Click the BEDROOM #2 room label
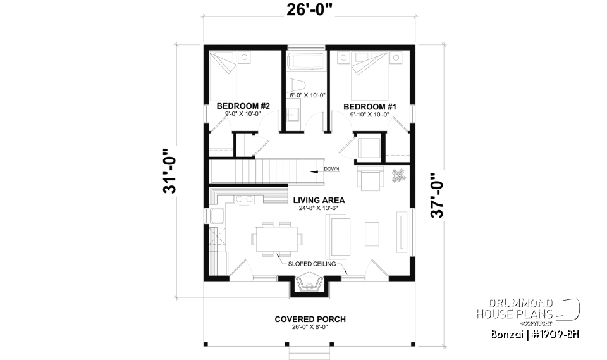pyautogui.click(x=243, y=106)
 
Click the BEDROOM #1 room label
pyautogui.click(x=370, y=107)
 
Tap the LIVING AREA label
pyautogui.click(x=310, y=199)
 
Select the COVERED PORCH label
pyautogui.click(x=310, y=319)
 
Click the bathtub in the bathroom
pyautogui.click(x=305, y=62)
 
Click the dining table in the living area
pyautogui.click(x=276, y=239)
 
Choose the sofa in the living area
pyautogui.click(x=338, y=235)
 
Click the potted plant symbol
pyautogui.click(x=398, y=175)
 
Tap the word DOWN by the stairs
pyautogui.click(x=331, y=169)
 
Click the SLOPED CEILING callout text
pyautogui.click(x=310, y=264)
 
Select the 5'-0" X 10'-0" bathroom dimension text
pyautogui.click(x=308, y=96)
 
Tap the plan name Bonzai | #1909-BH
pyautogui.click(x=534, y=333)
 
